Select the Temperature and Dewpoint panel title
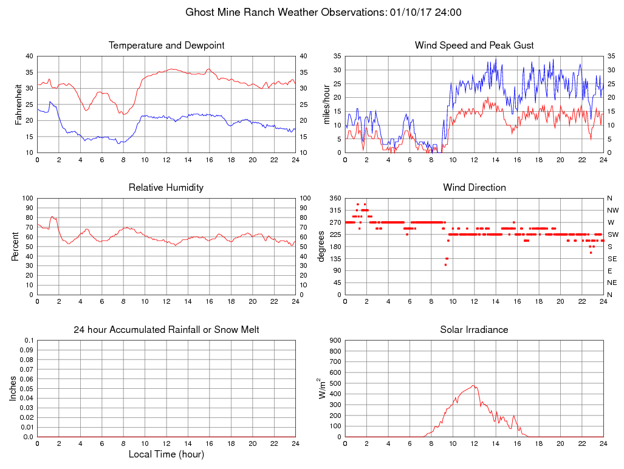click(x=166, y=46)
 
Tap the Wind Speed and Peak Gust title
click(x=474, y=46)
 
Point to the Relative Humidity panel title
click(x=166, y=188)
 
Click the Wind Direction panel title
click(x=474, y=188)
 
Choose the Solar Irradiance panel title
click(x=474, y=330)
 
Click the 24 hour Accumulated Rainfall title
click(x=166, y=330)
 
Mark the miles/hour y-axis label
click(x=327, y=104)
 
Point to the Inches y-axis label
click(x=13, y=388)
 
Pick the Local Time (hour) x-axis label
click(x=166, y=454)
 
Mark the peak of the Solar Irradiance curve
click(x=473, y=385)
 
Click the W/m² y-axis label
click(x=323, y=388)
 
